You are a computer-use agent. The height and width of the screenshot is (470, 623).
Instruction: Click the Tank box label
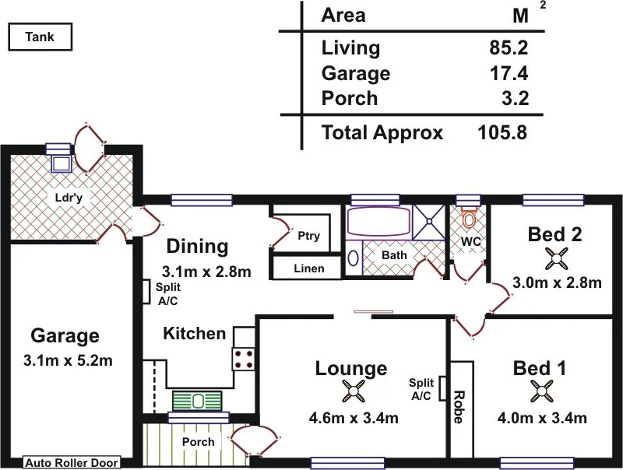pyautogui.click(x=40, y=37)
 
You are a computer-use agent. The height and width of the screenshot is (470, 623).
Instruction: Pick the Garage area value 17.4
pyautogui.click(x=506, y=74)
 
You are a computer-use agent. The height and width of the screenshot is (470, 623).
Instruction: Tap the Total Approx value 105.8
pyautogui.click(x=502, y=133)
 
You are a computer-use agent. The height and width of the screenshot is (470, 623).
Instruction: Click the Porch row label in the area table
pyautogui.click(x=350, y=99)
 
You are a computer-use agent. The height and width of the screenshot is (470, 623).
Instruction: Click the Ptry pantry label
pyautogui.click(x=308, y=237)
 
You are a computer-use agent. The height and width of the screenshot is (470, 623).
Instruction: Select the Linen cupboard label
pyautogui.click(x=308, y=269)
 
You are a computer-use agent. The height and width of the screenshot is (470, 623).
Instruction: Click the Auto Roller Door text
pyautogui.click(x=72, y=463)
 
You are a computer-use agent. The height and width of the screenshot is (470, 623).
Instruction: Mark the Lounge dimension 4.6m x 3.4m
pyautogui.click(x=354, y=419)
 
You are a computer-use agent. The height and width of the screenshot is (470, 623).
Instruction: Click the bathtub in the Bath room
pyautogui.click(x=377, y=223)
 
